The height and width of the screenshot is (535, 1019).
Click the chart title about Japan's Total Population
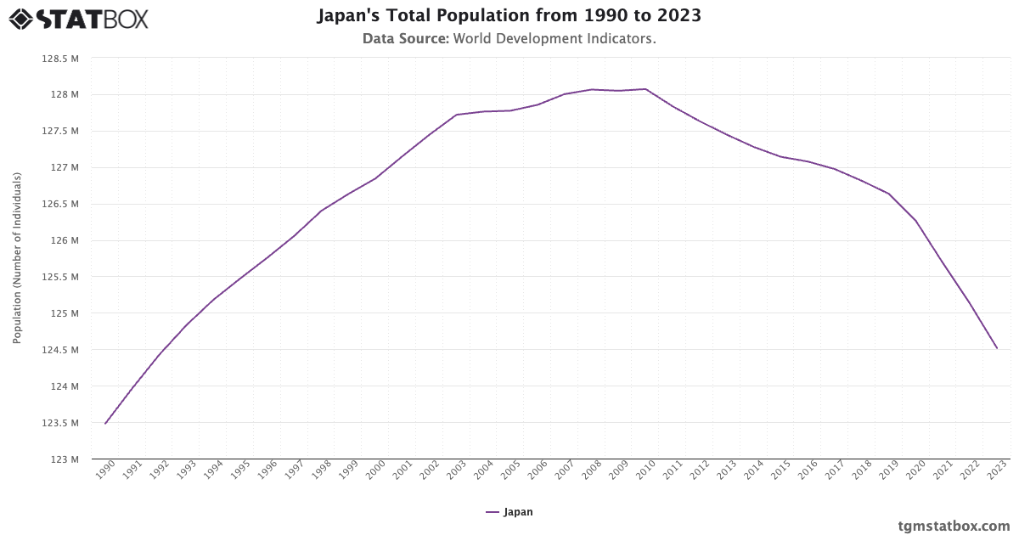pos(509,16)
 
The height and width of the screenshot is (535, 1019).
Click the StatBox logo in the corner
pos(79,18)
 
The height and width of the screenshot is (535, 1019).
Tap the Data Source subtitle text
pos(509,39)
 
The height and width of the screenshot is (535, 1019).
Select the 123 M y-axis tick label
pos(66,459)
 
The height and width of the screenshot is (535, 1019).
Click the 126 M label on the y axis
pos(66,240)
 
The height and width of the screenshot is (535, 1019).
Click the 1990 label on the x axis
pos(104,471)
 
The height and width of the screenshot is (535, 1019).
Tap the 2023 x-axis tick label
pos(996,471)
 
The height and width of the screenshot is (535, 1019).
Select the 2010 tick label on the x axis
pos(645,471)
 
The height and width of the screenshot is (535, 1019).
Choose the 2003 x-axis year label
pos(456,471)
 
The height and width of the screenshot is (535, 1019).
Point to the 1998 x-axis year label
pos(321,471)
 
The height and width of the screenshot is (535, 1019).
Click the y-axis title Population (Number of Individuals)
pos(17,258)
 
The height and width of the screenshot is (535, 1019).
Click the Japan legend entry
pos(509,512)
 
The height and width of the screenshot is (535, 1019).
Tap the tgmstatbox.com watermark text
pos(954,526)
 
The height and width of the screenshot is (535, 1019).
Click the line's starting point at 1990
pos(105,423)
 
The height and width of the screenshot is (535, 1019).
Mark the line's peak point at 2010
pos(645,89)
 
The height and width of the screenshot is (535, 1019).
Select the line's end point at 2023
pos(997,348)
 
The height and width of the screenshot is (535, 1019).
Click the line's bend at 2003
pos(457,115)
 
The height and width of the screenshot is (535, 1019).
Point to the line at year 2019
pos(889,194)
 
